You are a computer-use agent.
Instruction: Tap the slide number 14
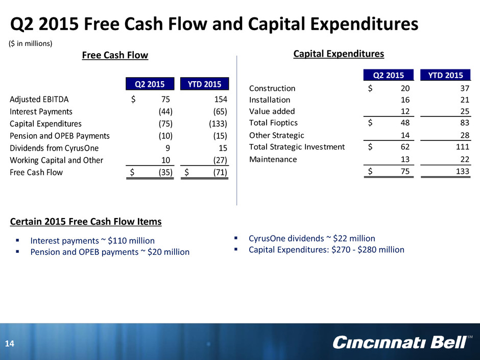pos(10,344)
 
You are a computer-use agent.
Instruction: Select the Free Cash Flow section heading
pos(115,55)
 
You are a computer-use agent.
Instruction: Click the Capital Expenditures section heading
pos(339,54)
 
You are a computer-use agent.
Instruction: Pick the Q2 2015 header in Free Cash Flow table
pos(150,84)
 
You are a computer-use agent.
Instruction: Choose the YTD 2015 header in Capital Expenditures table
pos(445,75)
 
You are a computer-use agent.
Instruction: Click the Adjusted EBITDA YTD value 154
pos(221,99)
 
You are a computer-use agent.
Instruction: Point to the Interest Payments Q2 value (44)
pos(165,111)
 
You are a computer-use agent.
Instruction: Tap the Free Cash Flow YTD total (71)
pos(220,173)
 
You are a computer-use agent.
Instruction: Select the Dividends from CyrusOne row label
pos(54,148)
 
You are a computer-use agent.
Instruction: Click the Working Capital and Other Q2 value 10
pos(165,160)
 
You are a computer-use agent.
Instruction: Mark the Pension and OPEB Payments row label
pos(60,136)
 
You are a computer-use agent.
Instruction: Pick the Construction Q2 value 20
pos(405,88)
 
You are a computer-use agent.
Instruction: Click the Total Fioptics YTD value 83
pos(465,123)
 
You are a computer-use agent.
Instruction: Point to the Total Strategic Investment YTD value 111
pos(463,147)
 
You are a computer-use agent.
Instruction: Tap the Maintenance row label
pos(273,159)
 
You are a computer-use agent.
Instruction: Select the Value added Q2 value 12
pos(405,111)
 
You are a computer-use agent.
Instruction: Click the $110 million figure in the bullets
pos(131,241)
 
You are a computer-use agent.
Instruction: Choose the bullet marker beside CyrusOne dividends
pos(236,237)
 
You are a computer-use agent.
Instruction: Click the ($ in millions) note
pos(31,43)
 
